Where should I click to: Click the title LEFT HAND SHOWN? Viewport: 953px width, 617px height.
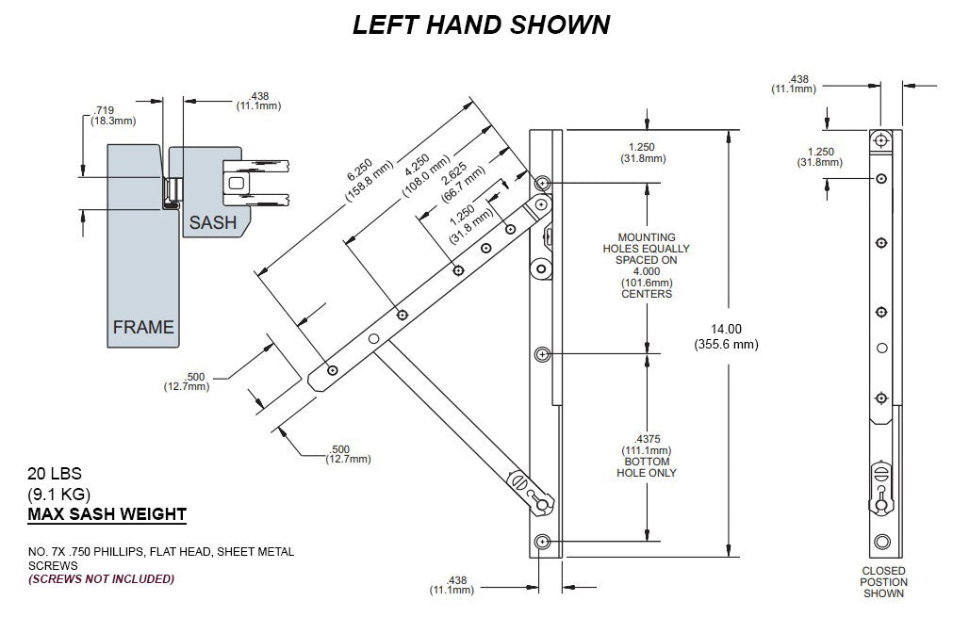[x=481, y=24]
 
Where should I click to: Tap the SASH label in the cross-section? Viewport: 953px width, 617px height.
[x=212, y=223]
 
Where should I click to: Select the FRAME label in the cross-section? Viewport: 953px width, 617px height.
[x=143, y=327]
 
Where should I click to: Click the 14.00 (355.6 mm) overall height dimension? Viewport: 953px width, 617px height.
[x=729, y=335]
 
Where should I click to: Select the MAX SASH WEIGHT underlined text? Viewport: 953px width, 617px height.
[x=107, y=514]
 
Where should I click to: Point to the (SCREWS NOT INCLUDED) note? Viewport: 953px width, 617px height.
[x=102, y=578]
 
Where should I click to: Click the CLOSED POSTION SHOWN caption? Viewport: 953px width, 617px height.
[x=884, y=581]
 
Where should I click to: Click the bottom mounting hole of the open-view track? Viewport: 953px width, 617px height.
[x=542, y=542]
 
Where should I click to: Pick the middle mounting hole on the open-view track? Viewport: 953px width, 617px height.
[x=542, y=354]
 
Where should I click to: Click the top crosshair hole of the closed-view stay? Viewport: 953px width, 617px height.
[x=880, y=140]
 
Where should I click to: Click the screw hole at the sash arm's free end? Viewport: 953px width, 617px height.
[x=332, y=371]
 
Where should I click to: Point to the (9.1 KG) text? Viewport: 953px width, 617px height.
[x=58, y=494]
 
